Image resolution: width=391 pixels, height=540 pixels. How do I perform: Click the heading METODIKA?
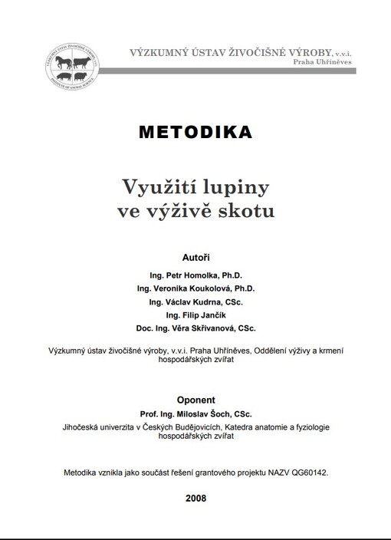195,132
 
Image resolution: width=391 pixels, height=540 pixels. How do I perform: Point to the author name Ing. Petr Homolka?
196,274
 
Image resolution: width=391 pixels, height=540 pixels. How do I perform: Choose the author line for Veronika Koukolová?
196,288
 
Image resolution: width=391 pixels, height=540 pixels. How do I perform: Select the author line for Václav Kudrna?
196,303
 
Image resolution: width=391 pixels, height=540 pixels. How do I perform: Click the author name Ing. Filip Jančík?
196,317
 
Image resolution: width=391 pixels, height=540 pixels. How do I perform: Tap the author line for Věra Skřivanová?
196,331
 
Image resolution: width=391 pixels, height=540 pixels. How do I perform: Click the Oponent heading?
195,400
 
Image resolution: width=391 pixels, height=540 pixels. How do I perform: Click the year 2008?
195,498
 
